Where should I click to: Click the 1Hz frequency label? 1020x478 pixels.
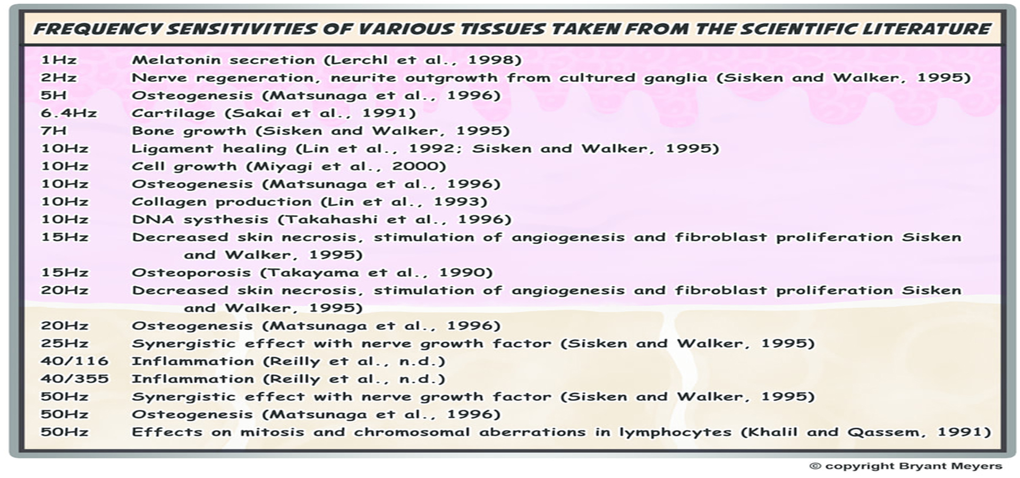[x=58, y=60]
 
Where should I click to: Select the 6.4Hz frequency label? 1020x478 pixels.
[x=69, y=113]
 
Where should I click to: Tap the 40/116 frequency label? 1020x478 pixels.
[x=74, y=361]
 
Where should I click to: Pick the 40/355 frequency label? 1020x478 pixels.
[x=74, y=379]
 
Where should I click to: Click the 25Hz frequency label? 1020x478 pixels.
[x=64, y=344]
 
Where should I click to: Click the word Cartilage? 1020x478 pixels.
[x=173, y=113]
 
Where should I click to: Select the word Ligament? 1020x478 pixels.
[x=172, y=149]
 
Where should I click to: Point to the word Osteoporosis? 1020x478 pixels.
[x=191, y=272]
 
